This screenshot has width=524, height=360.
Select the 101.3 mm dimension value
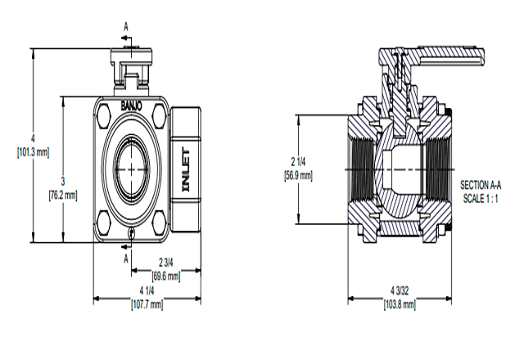tap(33, 152)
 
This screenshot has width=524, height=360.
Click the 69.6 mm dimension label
tap(166, 277)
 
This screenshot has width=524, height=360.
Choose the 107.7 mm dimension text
tap(147, 304)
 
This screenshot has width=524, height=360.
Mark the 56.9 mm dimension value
tap(298, 175)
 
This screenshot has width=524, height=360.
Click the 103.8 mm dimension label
tap(400, 304)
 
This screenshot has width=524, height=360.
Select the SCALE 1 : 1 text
tap(484, 198)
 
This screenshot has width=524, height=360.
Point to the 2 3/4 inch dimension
tap(166, 263)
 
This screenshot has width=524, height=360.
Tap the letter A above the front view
tap(126, 27)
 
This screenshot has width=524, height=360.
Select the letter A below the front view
tap(126, 258)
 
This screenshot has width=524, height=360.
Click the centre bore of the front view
tap(132, 167)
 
